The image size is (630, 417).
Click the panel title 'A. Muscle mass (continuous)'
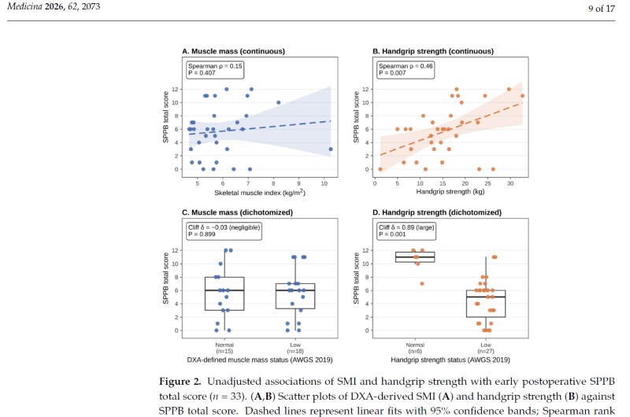233,51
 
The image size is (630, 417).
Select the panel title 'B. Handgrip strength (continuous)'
433,51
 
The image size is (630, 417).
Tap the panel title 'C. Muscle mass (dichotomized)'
238,212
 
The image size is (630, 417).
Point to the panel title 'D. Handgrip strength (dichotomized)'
437,212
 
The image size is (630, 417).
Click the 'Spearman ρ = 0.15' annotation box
215,69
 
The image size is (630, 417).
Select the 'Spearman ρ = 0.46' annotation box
406,69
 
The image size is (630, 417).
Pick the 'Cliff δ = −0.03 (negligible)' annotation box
224,231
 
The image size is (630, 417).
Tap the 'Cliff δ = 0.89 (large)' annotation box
406,231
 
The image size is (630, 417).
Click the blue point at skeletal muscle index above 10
331,149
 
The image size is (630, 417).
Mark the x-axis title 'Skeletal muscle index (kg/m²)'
260,193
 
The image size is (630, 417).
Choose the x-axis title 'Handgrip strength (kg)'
450,192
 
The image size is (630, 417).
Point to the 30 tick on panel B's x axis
510,183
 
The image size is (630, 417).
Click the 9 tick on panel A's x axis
299,183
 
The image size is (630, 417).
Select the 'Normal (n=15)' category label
224,348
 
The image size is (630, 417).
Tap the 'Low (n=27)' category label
486,348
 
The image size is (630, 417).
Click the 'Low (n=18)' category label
295,348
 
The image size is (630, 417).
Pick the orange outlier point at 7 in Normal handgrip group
422,284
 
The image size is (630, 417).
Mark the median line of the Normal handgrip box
415,256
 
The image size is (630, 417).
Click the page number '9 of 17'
602,9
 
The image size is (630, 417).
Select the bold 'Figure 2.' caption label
180,382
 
